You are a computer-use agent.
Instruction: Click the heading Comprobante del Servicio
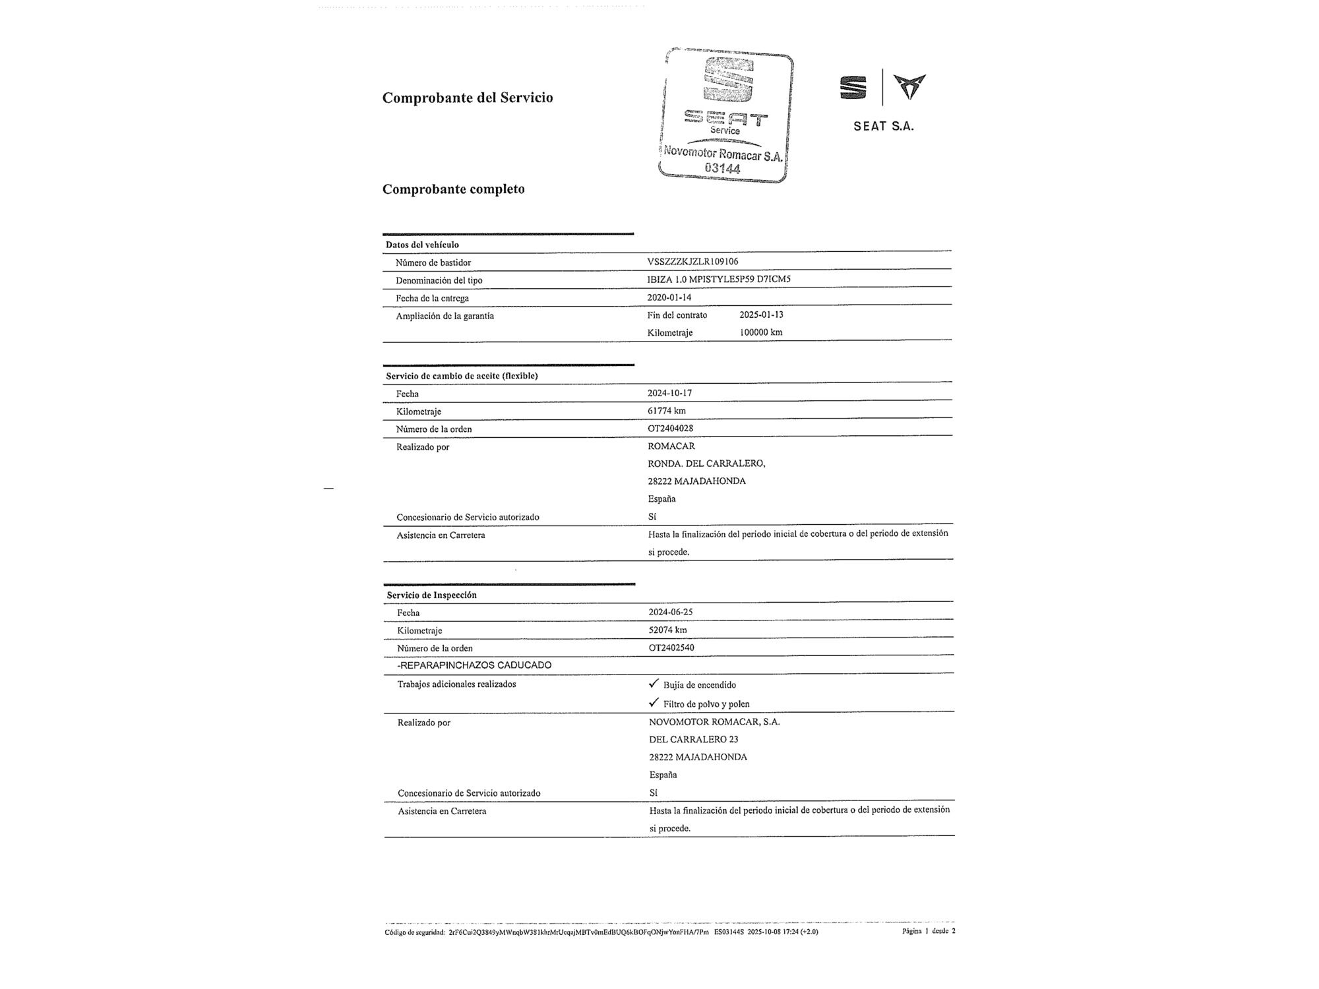point(468,98)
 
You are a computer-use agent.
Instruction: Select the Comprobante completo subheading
point(454,189)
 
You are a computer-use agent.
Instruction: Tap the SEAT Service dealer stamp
point(725,115)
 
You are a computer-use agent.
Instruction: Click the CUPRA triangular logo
point(909,86)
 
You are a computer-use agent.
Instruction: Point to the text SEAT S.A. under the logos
point(884,127)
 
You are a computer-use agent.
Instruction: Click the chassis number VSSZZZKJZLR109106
point(692,262)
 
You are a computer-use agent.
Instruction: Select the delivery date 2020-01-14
point(669,297)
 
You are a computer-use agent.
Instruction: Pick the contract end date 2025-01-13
point(761,315)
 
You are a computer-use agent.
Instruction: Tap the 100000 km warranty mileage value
point(760,332)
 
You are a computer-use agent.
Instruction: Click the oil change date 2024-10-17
point(669,393)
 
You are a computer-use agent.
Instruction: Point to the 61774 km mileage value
point(666,411)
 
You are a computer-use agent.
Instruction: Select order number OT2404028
point(670,429)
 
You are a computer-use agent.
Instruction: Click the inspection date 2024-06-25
point(670,612)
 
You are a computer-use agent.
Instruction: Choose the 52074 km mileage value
point(667,630)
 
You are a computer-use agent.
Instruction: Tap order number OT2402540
point(671,647)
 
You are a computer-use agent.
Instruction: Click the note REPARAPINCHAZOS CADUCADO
point(474,665)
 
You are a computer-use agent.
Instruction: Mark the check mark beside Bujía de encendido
point(654,683)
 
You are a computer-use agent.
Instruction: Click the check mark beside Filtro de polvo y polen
point(654,702)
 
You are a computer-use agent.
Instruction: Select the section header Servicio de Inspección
point(431,595)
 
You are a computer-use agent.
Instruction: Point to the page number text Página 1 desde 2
point(929,931)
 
